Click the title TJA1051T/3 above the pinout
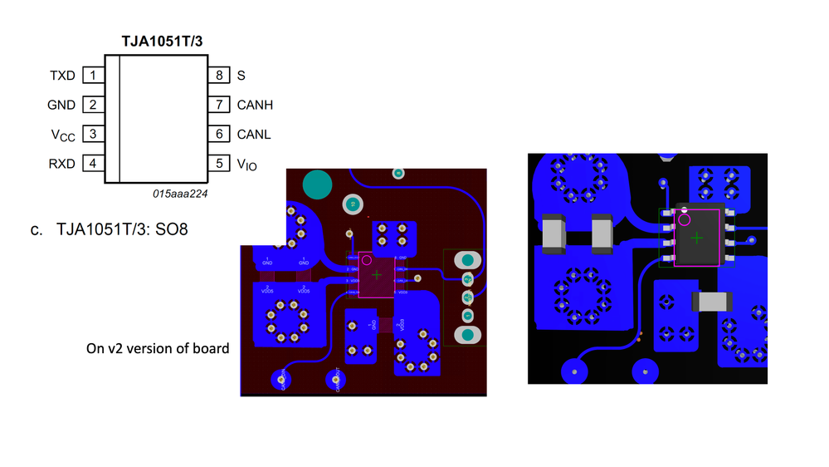tap(163, 40)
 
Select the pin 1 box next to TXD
tap(93, 76)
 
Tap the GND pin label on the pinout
tap(61, 106)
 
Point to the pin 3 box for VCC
tap(93, 134)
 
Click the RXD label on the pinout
tap(61, 164)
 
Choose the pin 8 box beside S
tap(219, 76)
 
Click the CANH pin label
tap(255, 106)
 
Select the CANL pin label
tap(254, 134)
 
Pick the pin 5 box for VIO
tap(219, 164)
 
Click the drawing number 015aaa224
tap(179, 193)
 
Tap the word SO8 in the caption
tap(171, 229)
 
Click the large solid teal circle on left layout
tap(315, 184)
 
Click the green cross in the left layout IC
tap(377, 274)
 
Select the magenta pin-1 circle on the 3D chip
tap(685, 220)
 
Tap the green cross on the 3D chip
tap(697, 238)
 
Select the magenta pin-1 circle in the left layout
tap(366, 260)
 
